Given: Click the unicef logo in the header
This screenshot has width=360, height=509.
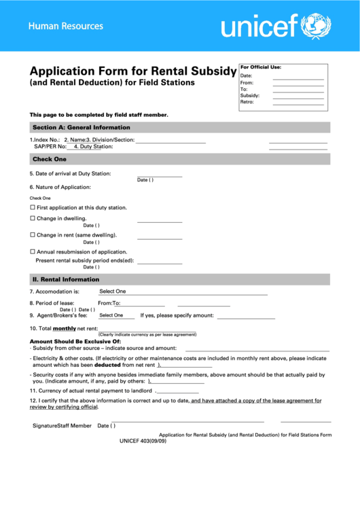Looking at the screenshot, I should (x=275, y=27).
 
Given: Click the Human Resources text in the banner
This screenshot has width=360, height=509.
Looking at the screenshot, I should (x=66, y=27).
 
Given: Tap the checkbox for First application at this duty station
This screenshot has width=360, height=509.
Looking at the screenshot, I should (x=32, y=207).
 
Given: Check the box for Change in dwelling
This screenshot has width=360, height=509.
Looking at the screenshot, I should (x=32, y=218).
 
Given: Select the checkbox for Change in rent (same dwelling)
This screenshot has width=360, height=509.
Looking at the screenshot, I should (x=32, y=235).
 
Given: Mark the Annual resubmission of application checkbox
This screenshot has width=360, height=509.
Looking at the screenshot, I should (x=32, y=251).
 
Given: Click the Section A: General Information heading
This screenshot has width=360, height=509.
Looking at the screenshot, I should (x=81, y=127).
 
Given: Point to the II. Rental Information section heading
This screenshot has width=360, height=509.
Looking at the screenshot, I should (x=65, y=279).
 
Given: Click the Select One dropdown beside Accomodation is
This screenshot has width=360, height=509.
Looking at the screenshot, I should (x=113, y=292).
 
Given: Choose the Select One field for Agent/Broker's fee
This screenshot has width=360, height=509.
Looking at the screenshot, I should (x=111, y=315).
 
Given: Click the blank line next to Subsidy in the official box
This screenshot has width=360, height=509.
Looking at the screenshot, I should (x=298, y=96).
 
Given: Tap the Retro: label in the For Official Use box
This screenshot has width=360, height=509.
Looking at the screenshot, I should (x=247, y=102).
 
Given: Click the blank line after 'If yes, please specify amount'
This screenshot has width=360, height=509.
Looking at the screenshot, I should (x=246, y=316).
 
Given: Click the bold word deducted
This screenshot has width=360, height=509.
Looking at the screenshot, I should (x=103, y=365).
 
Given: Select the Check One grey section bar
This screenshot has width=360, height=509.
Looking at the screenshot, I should (x=50, y=159).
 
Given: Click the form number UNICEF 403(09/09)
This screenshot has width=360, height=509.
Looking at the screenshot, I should (x=143, y=441).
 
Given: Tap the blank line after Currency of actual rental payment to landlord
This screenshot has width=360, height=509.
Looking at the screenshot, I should (x=178, y=391).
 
